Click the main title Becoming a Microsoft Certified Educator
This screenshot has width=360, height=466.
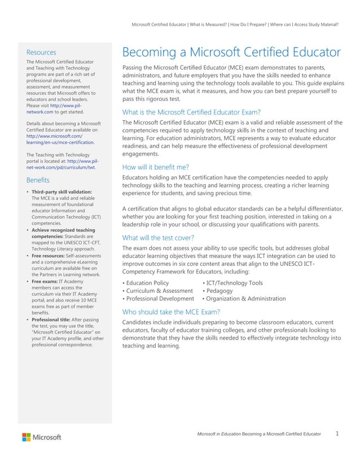coord(231,52)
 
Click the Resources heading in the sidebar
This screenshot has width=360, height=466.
coord(41,52)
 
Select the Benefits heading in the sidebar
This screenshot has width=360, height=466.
coord(38,180)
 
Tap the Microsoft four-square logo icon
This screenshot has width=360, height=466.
coord(27,437)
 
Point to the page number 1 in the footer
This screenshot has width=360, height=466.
coord(337,433)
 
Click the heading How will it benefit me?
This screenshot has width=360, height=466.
coord(155,166)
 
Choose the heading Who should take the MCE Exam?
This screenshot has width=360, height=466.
coord(171,311)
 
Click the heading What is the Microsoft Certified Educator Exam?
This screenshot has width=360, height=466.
coord(191,111)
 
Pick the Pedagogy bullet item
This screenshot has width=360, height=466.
coord(219,291)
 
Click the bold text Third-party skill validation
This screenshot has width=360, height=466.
coord(62,192)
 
